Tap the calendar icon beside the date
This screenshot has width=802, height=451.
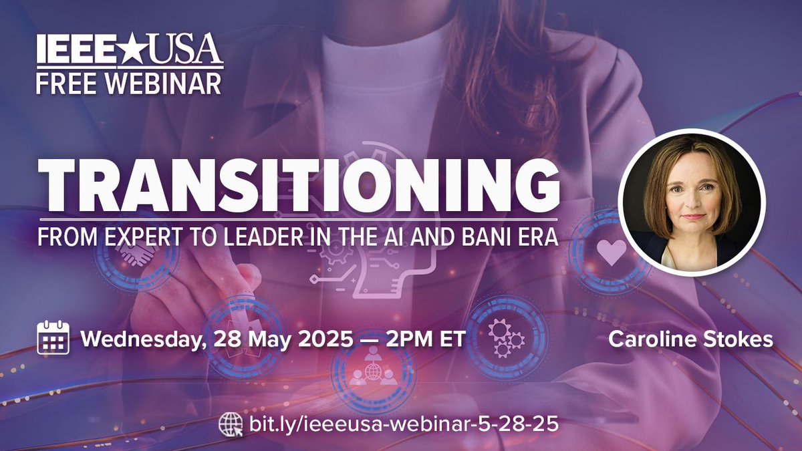click(53, 337)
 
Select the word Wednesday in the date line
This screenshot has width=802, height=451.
click(140, 338)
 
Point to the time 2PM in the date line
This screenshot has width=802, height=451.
click(406, 338)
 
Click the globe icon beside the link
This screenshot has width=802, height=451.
click(229, 424)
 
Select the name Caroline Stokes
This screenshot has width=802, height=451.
click(690, 339)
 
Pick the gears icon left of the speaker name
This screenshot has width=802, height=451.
click(505, 337)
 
